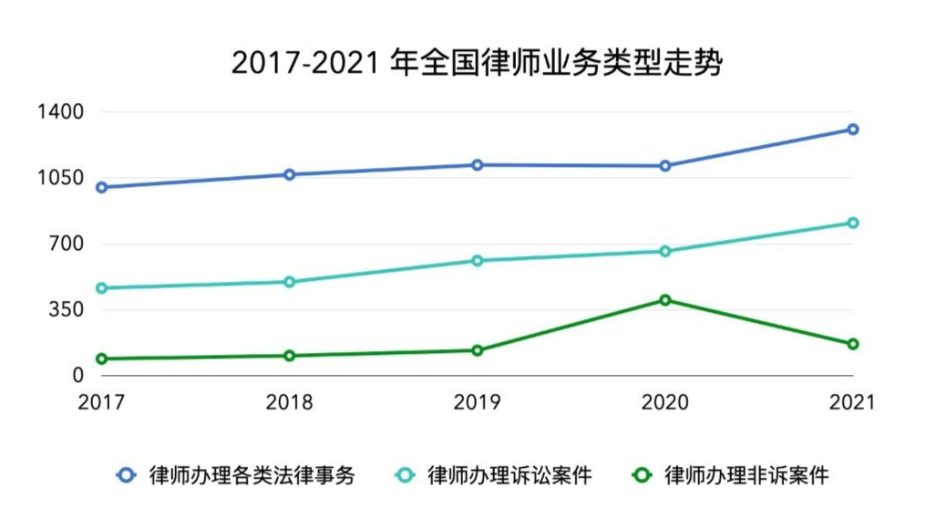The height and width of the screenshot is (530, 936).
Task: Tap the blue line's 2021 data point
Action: click(853, 130)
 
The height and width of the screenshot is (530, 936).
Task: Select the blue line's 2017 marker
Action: click(101, 188)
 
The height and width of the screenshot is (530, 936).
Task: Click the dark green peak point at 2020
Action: click(665, 300)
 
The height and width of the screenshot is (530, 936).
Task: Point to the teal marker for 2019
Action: click(477, 261)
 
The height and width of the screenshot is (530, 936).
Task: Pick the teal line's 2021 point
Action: click(853, 223)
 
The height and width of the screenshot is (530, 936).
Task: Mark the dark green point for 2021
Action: click(853, 344)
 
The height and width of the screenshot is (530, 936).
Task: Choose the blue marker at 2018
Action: click(289, 174)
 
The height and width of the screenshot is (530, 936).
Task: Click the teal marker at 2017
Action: click(101, 288)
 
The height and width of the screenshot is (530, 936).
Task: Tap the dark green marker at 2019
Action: click(477, 350)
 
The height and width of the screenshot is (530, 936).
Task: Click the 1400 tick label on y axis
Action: click(59, 112)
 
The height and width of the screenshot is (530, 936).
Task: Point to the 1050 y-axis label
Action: click(59, 178)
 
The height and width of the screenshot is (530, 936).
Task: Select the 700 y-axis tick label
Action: click(66, 244)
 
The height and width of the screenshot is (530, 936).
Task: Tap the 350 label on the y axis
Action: click(66, 310)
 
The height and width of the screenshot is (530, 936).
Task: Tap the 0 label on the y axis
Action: click(77, 376)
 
